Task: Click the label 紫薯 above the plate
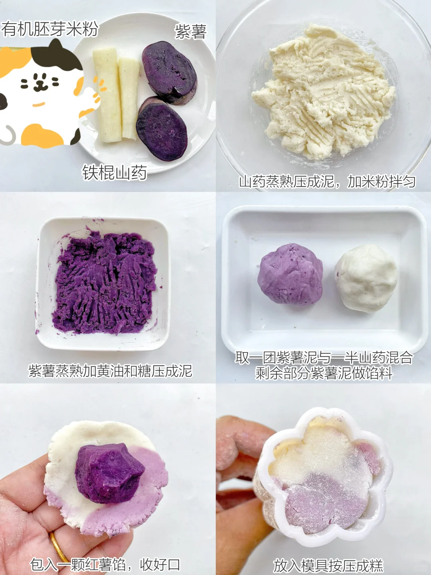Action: [x=191, y=32]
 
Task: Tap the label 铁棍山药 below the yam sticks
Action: [x=115, y=172]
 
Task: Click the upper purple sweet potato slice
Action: [x=169, y=73]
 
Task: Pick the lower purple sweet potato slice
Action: [x=162, y=129]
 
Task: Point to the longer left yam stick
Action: [x=107, y=95]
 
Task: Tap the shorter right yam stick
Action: [x=129, y=99]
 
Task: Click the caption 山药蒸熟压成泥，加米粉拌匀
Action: [x=327, y=182]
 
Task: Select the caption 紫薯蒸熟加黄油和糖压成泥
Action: [x=110, y=371]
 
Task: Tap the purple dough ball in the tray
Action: [x=290, y=275]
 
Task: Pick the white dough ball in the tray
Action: [x=366, y=278]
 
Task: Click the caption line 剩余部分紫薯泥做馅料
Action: [x=324, y=373]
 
